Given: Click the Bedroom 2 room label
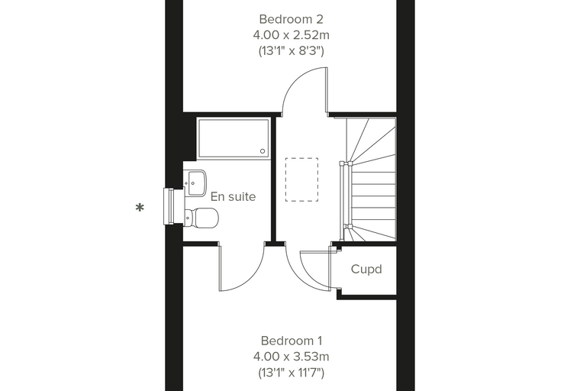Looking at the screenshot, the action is tap(291, 19).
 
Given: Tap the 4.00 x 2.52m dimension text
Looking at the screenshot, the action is tap(291, 35).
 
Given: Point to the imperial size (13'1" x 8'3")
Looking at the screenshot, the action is tap(291, 50).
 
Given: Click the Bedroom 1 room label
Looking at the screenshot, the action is tap(291, 341).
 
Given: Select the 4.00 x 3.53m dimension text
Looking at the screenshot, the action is tap(291, 357).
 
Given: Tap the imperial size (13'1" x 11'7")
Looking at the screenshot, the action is tap(291, 373).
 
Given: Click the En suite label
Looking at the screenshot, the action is tap(233, 196).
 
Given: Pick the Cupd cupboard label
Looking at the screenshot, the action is tap(366, 269).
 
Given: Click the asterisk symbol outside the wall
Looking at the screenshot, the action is tap(140, 208).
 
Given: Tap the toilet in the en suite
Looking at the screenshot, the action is tap(201, 218).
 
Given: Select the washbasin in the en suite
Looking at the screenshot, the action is tap(195, 183).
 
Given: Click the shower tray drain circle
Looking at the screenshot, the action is tap(263, 151).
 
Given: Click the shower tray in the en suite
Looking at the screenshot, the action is tap(234, 138).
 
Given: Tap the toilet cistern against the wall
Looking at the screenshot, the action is tap(188, 218).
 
